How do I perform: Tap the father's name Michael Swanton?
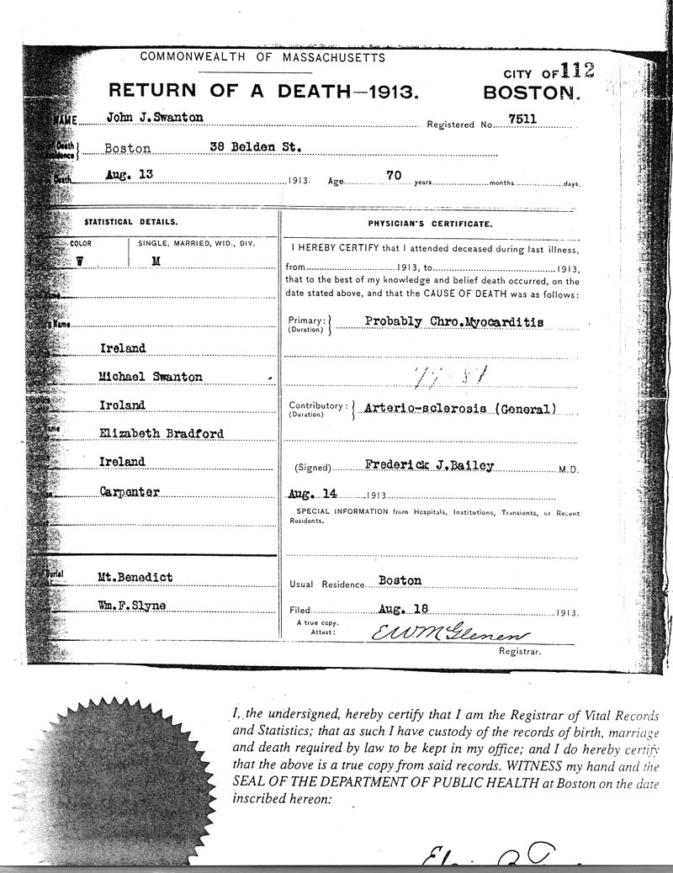click(x=151, y=377)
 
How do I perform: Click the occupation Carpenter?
click(x=127, y=490)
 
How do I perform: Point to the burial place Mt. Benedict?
click(x=135, y=577)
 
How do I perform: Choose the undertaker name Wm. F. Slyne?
click(x=133, y=606)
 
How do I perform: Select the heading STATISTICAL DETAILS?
click(x=130, y=222)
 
